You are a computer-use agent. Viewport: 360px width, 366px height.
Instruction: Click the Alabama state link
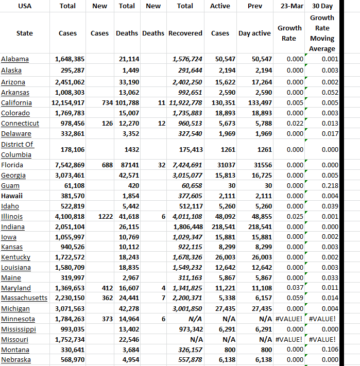(15, 59)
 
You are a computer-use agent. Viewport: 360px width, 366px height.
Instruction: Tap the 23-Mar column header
(289, 6)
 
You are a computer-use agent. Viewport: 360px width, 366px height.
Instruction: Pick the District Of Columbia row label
(18, 149)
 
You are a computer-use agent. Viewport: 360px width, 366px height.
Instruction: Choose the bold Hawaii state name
(12, 196)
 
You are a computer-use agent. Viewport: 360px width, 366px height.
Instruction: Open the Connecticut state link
(20, 124)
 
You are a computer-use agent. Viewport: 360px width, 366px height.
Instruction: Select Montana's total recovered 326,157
(190, 350)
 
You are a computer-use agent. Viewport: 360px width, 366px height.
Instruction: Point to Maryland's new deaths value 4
(163, 288)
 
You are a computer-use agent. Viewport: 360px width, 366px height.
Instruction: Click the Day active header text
(254, 33)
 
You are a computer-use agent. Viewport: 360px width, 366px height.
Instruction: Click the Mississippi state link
(19, 329)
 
